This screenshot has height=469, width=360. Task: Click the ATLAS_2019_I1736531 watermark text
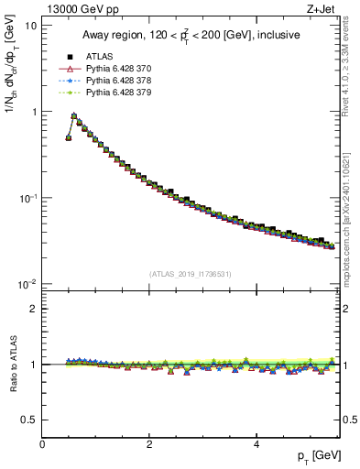coord(190,274)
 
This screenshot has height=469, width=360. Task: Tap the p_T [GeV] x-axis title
coord(315,456)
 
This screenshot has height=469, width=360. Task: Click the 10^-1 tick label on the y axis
coord(27,198)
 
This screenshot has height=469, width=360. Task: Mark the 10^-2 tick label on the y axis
coord(27,284)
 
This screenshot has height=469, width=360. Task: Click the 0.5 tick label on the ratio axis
coord(27,420)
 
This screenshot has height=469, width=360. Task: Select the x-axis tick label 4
coord(256,443)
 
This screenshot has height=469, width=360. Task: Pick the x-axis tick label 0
coord(42,443)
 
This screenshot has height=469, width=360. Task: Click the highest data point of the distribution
coord(74,116)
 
